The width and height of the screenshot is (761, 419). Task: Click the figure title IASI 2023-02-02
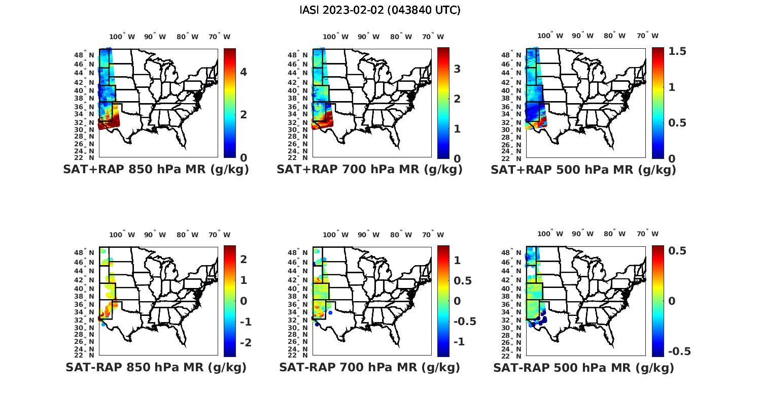[380, 10]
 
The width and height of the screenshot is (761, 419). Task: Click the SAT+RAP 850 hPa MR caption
[156, 170]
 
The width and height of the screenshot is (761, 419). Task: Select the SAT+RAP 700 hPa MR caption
[369, 170]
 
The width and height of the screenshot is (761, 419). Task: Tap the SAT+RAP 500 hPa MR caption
[583, 170]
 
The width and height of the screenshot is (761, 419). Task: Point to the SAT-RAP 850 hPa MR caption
[156, 367]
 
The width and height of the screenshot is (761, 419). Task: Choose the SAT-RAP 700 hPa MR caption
[369, 367]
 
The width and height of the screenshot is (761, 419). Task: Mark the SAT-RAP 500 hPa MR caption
[583, 367]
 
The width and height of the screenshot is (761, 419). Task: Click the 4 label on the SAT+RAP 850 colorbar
[244, 72]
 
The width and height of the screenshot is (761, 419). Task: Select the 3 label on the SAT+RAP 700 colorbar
[457, 69]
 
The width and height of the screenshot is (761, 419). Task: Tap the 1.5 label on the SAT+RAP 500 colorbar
[677, 51]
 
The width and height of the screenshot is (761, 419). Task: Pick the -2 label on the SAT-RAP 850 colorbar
[245, 343]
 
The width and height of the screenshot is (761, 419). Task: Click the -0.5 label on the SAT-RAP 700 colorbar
[465, 321]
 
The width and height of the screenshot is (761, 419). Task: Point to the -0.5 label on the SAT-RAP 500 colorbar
[679, 351]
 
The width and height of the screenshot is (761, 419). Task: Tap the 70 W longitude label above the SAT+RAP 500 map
[647, 36]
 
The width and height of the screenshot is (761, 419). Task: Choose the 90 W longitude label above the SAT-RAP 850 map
[155, 235]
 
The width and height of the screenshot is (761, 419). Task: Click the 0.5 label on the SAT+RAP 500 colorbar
[677, 123]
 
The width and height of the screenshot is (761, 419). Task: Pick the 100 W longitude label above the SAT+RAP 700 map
[335, 37]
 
